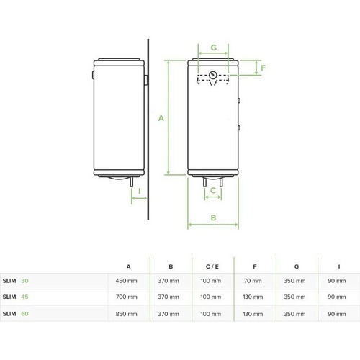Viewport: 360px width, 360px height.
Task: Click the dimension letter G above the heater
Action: pyautogui.click(x=214, y=48)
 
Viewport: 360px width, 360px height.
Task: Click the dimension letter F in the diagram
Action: pyautogui.click(x=264, y=68)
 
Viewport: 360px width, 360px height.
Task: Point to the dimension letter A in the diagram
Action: pyautogui.click(x=161, y=118)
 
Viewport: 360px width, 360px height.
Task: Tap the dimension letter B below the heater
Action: pyautogui.click(x=213, y=217)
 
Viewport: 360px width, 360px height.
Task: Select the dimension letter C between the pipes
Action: pyautogui.click(x=213, y=190)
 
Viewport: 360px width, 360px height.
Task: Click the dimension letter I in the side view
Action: pyautogui.click(x=140, y=192)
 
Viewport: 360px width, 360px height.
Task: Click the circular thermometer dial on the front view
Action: pyautogui.click(x=213, y=75)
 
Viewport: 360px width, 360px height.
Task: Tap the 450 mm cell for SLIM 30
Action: pyautogui.click(x=126, y=281)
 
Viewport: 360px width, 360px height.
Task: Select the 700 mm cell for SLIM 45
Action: pyautogui.click(x=126, y=297)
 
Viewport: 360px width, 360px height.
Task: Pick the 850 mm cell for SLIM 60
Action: pyautogui.click(x=126, y=314)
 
